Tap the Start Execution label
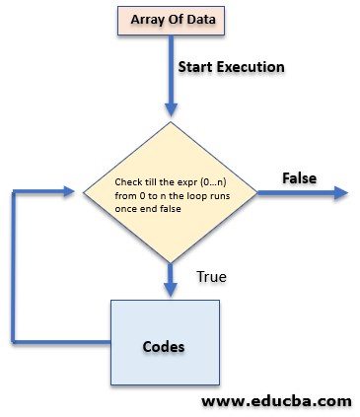point(231,68)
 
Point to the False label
point(298,177)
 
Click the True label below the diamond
point(212,277)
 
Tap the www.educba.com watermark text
point(275,401)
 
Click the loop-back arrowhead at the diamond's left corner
point(70,192)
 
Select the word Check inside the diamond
point(129,182)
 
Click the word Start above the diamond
point(194,68)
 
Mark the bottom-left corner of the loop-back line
point(14,338)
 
